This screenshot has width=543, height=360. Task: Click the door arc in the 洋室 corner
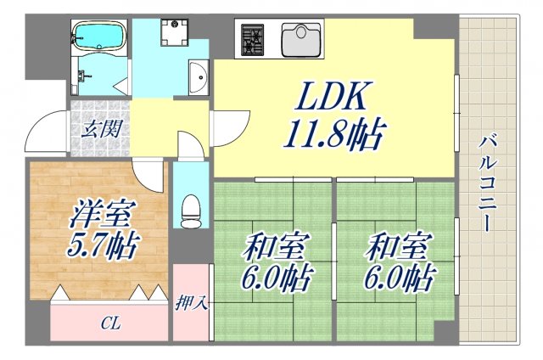pos(151,177)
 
